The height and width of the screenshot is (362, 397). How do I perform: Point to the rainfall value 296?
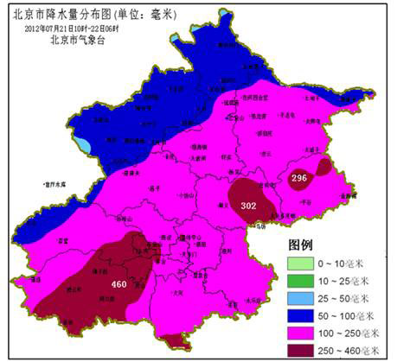coord(299,178)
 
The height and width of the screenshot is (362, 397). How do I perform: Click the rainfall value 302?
coord(248,206)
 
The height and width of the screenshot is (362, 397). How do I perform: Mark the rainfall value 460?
coord(119,284)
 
